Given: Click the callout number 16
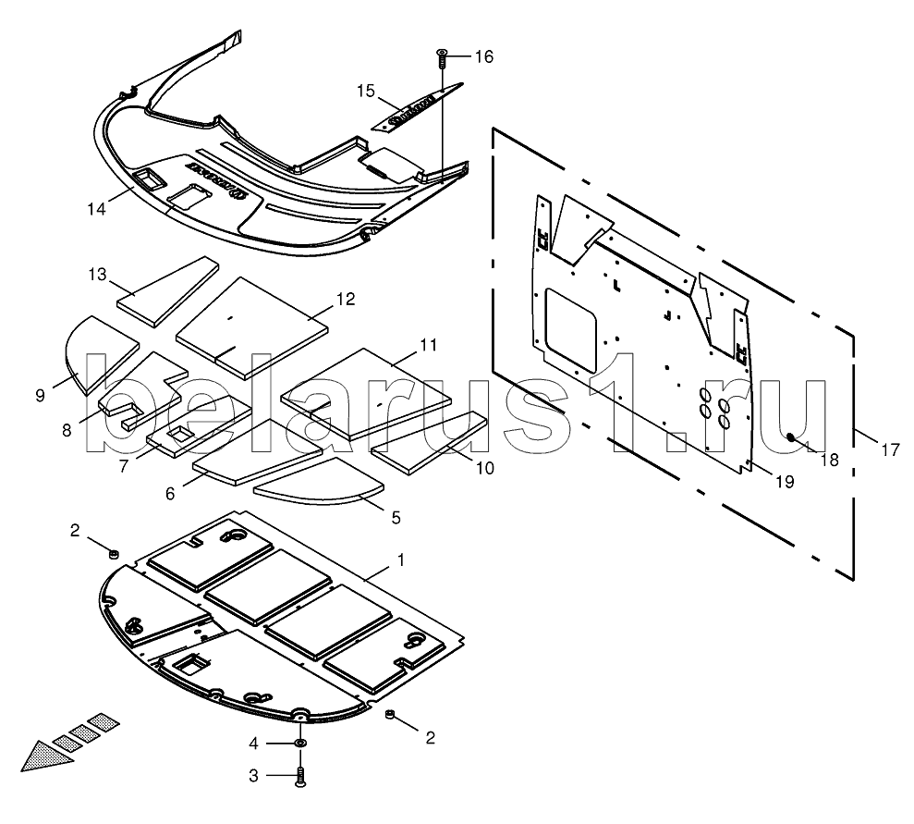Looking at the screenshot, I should (484, 57).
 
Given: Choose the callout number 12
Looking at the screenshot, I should (345, 300).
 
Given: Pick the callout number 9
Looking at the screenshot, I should (40, 396).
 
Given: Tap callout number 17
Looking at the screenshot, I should (889, 451).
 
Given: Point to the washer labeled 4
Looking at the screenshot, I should (300, 744).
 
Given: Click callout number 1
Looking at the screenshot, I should (400, 560).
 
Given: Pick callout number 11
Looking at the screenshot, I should (428, 345).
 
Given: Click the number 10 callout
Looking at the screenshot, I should (483, 469).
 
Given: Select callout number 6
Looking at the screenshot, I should (170, 494).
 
